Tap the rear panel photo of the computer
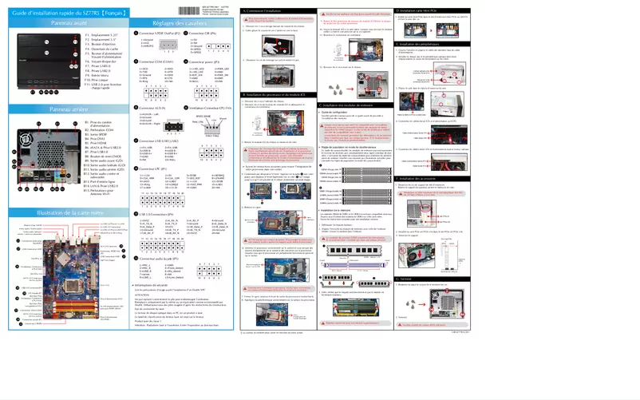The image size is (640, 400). click(40, 164)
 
